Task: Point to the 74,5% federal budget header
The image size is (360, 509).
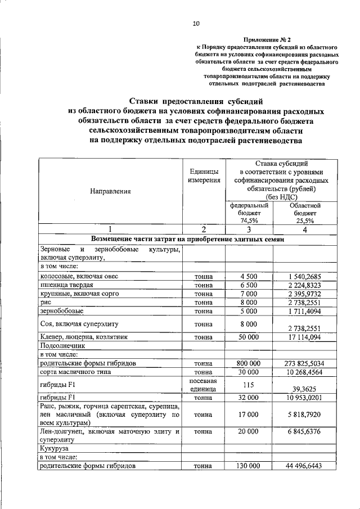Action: pyautogui.click(x=249, y=214)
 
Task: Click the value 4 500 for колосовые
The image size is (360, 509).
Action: pyautogui.click(x=249, y=276)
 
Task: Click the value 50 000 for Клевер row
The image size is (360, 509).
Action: pyautogui.click(x=249, y=337)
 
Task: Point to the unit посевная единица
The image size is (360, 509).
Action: pyautogui.click(x=204, y=385)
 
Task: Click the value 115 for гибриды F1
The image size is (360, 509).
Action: pyautogui.click(x=249, y=385)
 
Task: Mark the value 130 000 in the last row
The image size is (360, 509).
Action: pyautogui.click(x=249, y=466)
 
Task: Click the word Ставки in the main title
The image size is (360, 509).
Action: pyautogui.click(x=144, y=102)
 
